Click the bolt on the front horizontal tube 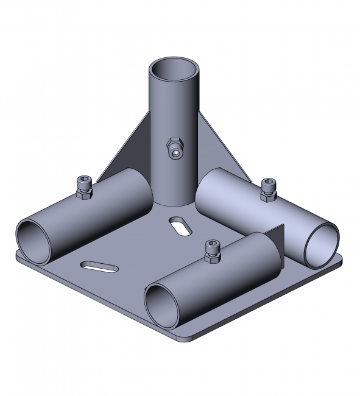pos(212,252)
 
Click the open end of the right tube pos(321,244)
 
